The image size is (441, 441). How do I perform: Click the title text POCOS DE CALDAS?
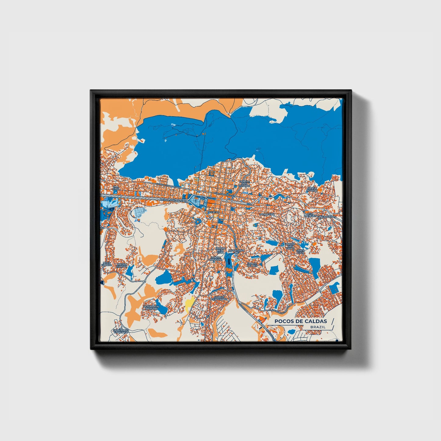pos(300,321)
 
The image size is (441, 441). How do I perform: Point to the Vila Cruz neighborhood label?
pos(116,188)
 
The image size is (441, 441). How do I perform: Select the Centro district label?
pos(213,212)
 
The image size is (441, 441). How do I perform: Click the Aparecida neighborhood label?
pos(267,215)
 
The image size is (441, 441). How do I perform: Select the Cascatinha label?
pos(236,250)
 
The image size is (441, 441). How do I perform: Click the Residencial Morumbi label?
pos(151,307)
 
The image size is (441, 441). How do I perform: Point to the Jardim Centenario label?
pos(221,298)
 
